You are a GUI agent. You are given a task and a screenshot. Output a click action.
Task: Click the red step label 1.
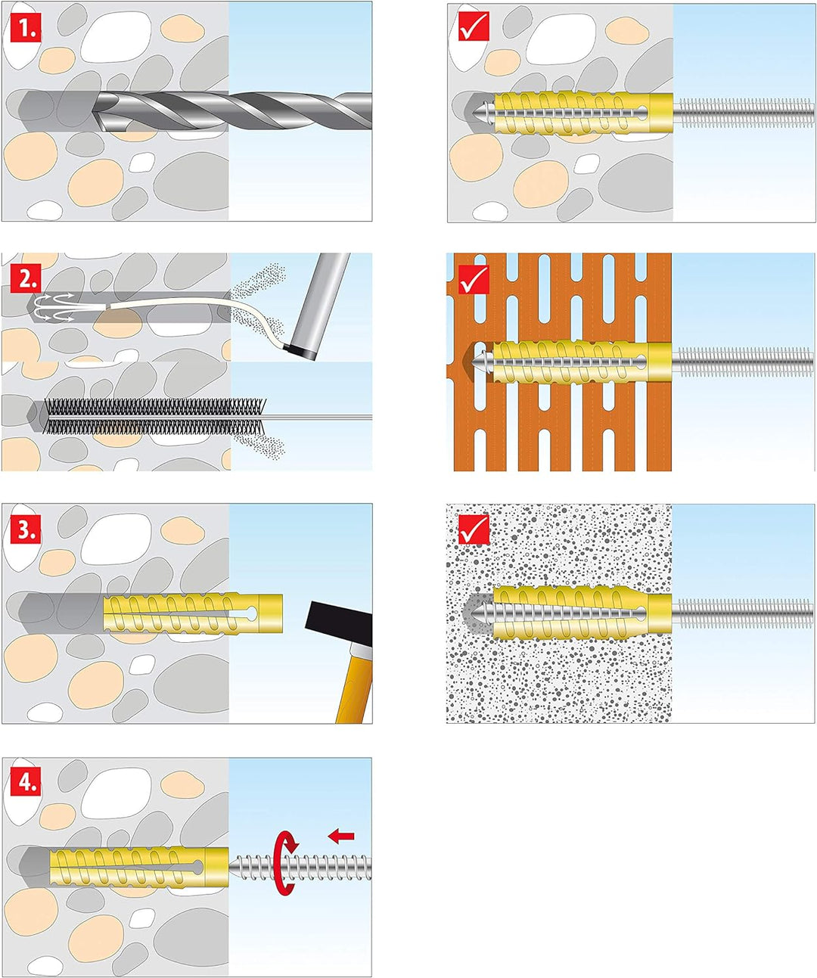pos(25,28)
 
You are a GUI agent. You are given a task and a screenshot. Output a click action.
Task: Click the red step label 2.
pos(25,279)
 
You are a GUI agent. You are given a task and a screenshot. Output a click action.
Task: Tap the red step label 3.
pos(25,530)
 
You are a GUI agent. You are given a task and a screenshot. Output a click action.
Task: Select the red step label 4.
pos(25,782)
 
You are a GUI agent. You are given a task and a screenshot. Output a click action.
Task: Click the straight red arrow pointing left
pos(341,836)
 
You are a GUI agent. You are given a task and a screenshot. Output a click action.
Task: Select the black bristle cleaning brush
pos(154,416)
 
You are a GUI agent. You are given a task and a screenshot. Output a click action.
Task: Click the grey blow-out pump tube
pos(318,307)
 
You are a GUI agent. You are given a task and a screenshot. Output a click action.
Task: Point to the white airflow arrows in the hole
pos(54,307)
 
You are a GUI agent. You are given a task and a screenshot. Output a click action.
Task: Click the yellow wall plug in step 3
pos(193,613)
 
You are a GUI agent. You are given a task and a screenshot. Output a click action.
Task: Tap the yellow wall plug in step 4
pos(138,868)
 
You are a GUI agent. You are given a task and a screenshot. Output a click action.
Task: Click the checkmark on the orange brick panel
pos(474,279)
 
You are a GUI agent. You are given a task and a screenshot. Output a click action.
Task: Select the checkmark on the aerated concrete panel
pos(474,530)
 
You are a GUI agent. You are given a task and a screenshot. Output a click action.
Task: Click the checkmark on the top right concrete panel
pos(474,26)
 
